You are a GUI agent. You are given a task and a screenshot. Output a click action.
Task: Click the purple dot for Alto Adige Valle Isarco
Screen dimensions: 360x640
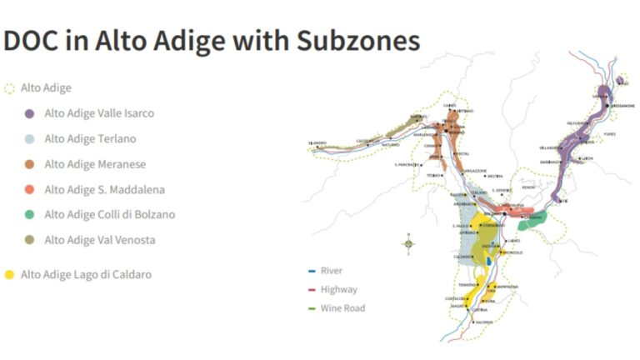[x=29, y=113]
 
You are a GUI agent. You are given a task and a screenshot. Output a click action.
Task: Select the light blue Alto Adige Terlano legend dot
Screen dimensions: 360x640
[x=29, y=138]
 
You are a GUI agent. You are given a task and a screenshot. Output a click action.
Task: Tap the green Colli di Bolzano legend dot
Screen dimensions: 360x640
[x=29, y=214]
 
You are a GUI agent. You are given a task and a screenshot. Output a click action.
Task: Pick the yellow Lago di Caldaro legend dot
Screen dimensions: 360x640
[x=10, y=274]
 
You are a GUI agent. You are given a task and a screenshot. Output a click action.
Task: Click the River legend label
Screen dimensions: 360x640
[x=332, y=271]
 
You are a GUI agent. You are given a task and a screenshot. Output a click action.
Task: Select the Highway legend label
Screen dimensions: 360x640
[x=338, y=289]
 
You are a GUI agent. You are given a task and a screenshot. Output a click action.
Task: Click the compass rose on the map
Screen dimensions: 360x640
[x=408, y=243]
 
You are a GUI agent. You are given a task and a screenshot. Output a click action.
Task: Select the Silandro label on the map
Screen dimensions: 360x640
[x=317, y=143]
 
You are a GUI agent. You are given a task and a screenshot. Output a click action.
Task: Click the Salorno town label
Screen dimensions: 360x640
[x=484, y=322]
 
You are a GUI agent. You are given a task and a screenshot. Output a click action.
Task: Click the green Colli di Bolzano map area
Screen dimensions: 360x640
[x=531, y=222]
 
